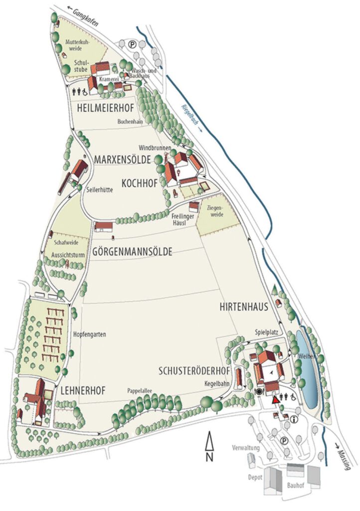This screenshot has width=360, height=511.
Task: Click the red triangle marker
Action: click(x=275, y=400)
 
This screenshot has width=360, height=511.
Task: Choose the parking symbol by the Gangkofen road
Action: click(x=132, y=44)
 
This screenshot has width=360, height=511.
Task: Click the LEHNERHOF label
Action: click(x=83, y=391)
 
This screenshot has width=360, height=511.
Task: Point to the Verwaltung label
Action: click(x=246, y=448)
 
